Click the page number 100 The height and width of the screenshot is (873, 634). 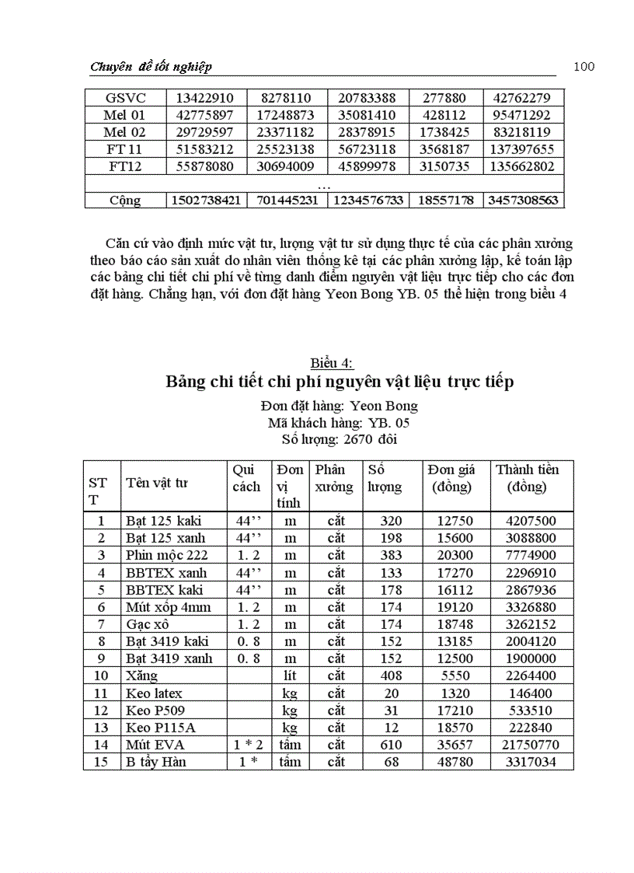(583, 67)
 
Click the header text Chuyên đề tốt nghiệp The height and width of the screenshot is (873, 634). (151, 67)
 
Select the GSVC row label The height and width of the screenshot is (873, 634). (125, 98)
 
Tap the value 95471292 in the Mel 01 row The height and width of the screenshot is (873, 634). (523, 115)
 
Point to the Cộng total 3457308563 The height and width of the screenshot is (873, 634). (523, 201)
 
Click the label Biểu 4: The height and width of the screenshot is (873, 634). (332, 363)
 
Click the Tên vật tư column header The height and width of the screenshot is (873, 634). (156, 484)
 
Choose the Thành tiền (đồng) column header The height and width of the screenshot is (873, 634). (527, 478)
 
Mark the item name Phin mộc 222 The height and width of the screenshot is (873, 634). (166, 555)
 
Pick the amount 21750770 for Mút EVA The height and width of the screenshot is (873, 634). (531, 745)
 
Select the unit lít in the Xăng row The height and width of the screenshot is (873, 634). (290, 676)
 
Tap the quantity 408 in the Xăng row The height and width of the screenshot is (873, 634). (391, 676)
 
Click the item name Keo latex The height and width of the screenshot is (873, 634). (154, 693)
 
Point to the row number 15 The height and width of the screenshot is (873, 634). (100, 762)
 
